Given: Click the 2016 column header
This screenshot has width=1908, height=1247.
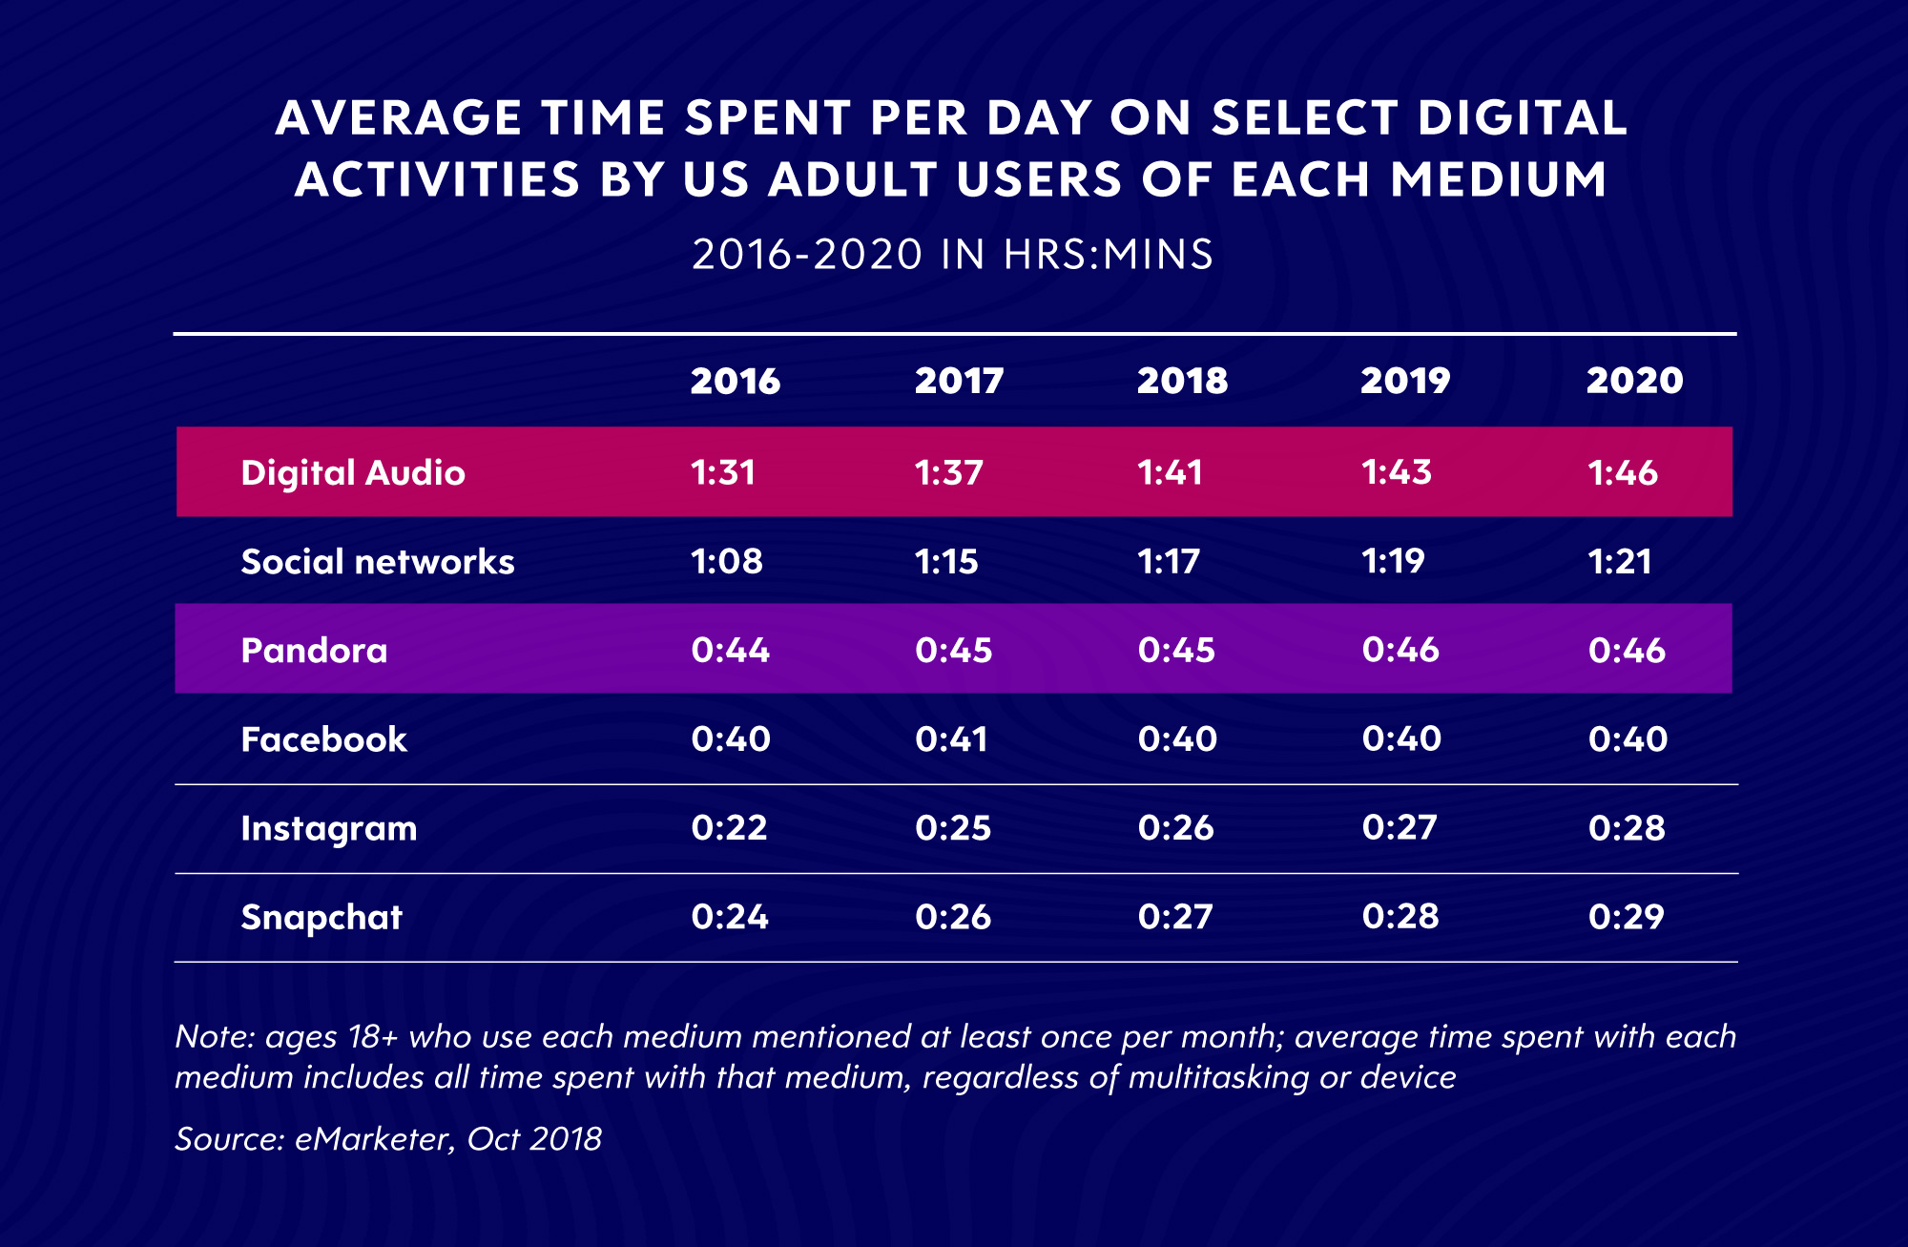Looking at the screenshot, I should pos(735,381).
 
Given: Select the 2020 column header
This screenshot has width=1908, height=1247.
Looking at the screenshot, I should pos(1634,381).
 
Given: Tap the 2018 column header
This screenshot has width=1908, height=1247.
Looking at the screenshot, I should pos(1182,381).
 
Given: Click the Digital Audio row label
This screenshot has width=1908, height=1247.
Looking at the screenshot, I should pos(353,472).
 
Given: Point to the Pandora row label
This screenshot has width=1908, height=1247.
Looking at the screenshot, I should pos(314,650).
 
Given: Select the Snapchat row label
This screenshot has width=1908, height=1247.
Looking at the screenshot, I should pos(321,917).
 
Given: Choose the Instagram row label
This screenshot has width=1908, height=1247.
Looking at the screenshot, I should pos(329,828).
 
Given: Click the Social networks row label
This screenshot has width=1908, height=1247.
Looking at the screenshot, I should pos(378,561).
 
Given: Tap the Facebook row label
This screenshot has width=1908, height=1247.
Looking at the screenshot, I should pos(323,739).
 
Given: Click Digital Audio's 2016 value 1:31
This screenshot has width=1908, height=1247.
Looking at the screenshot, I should pos(723,472).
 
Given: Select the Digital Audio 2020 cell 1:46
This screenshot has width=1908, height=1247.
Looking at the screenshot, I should pos(1623,472).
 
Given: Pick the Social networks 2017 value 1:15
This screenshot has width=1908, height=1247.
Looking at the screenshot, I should pos(946,561).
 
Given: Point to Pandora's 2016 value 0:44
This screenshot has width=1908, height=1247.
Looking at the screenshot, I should pos(731,650).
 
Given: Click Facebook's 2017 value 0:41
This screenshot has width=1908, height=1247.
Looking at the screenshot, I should pos(951,739).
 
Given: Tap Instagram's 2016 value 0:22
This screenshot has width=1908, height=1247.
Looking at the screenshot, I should pos(730,827).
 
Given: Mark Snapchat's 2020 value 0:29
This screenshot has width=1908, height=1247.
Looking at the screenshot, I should pos(1627,917).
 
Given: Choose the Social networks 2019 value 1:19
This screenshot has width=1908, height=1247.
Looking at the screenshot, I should pos(1393,561).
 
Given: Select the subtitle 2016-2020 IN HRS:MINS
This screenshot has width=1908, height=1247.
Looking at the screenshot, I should pos(953,255).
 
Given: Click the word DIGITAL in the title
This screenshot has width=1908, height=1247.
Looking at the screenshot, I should pos(1523,118).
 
